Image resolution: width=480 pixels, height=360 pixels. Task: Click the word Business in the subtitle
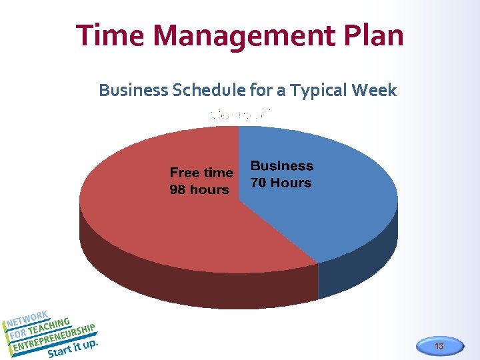point(133,90)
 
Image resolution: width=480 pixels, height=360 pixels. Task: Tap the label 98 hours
point(199,190)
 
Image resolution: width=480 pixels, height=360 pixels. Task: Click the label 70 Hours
point(281,183)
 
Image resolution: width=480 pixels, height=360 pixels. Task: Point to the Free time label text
point(201,173)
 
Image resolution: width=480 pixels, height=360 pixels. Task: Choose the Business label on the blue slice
point(281,166)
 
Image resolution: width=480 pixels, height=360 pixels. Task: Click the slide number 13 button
point(439,346)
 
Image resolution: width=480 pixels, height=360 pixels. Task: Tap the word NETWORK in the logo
point(28,320)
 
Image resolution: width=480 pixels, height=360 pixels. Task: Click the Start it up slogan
point(73,349)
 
